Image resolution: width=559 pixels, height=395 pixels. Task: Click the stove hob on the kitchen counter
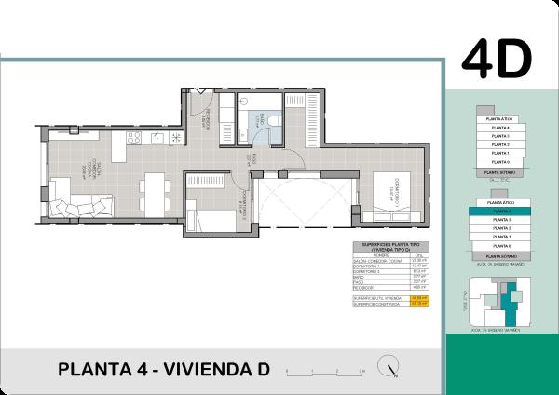click(x=134, y=139)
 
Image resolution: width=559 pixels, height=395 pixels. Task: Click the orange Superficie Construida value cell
click(x=419, y=303)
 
